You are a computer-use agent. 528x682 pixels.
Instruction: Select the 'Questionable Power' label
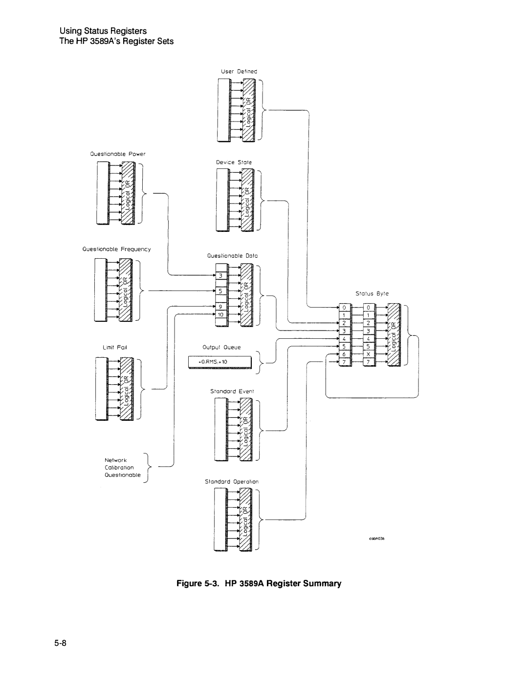pyautogui.click(x=117, y=154)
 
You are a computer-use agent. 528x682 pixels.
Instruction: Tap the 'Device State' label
pyautogui.click(x=234, y=162)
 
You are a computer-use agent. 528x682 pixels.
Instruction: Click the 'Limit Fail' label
pyautogui.click(x=115, y=347)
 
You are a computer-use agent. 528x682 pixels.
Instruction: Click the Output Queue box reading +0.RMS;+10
pyautogui.click(x=220, y=362)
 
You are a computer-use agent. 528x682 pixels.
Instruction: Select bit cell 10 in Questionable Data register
pyautogui.click(x=221, y=315)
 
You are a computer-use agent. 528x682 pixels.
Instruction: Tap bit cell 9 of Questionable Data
pyautogui.click(x=221, y=307)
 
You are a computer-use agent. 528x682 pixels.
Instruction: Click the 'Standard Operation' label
pyautogui.click(x=231, y=481)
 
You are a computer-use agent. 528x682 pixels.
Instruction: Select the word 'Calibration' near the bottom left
pyautogui.click(x=119, y=467)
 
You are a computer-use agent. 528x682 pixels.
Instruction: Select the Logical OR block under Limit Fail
pyautogui.click(x=126, y=389)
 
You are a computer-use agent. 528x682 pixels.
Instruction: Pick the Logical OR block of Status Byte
pyautogui.click(x=394, y=334)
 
